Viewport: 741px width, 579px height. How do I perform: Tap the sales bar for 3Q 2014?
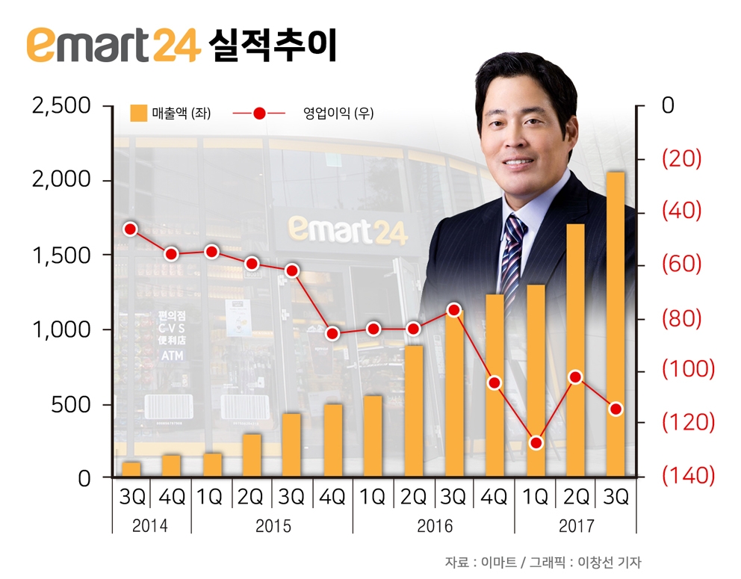pos(131,468)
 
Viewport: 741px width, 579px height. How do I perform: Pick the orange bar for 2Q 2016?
pos(413,410)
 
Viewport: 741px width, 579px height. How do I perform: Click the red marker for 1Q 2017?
pos(535,443)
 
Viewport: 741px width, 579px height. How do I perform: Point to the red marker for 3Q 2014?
pos(131,229)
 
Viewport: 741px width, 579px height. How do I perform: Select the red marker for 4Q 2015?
pos(332,334)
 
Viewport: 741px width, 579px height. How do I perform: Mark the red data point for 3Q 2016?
pos(453,309)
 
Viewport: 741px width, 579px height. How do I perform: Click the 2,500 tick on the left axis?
pos(62,106)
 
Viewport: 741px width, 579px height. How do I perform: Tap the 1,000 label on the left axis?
pos(62,329)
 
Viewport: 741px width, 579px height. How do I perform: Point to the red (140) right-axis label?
pos(688,476)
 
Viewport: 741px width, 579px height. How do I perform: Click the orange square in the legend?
pos(138,114)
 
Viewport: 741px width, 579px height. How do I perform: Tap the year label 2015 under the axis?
pos(273,526)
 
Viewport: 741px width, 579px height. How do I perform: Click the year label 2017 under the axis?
pos(576,526)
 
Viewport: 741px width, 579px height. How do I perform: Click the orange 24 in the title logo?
pos(176,46)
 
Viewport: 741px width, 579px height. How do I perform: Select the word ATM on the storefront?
pos(172,356)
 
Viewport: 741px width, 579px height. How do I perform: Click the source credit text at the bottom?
pos(543,562)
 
